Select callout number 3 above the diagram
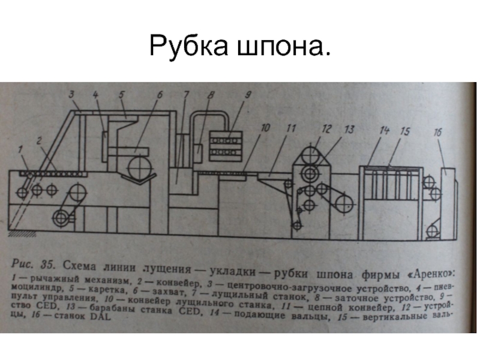tap(71, 94)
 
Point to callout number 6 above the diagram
tap(160, 95)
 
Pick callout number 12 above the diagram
tap(326, 128)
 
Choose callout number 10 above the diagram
tap(265, 128)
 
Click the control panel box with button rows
tap(225, 145)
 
